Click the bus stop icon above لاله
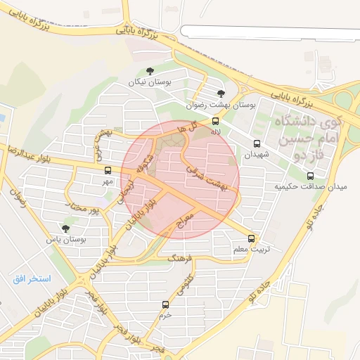[216, 121]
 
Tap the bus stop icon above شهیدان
[257, 143]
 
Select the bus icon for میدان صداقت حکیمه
[311, 176]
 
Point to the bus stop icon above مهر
[108, 170]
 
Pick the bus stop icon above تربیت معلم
[252, 238]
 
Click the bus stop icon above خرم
[166, 304]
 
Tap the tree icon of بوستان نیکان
[150, 70]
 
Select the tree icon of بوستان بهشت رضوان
[221, 93]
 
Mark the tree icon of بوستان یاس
[65, 229]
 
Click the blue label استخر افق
[32, 279]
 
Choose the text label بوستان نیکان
[150, 82]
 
